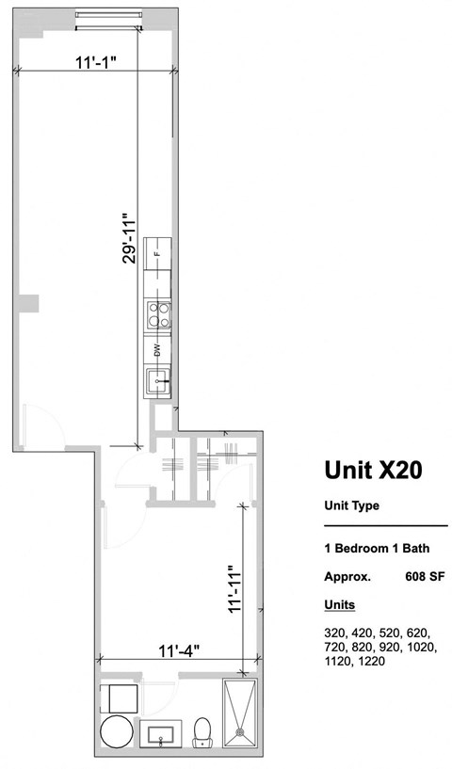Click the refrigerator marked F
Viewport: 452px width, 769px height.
(x=158, y=253)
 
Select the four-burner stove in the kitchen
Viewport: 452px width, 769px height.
(x=158, y=313)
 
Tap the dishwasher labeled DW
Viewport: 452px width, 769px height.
(x=158, y=351)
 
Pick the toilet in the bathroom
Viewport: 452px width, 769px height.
(x=202, y=732)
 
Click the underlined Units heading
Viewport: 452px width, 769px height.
(x=339, y=603)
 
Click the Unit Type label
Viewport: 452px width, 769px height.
(x=351, y=505)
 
